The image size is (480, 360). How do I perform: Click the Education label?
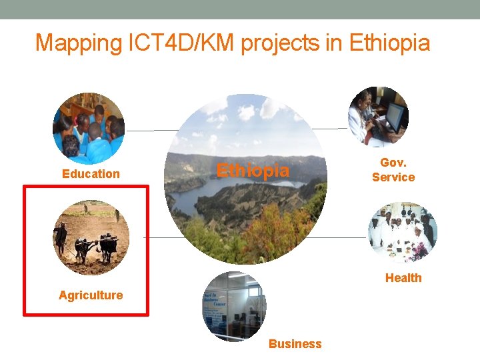coord(91,174)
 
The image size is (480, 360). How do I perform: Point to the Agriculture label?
coord(91,295)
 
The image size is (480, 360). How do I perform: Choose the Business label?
coord(295,344)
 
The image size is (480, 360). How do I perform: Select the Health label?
coord(403,278)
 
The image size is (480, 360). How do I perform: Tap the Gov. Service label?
coord(393,170)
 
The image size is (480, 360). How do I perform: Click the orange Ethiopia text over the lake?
coord(253,171)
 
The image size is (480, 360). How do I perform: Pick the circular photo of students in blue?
coord(89,129)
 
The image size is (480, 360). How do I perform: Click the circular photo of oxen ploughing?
coord(91,237)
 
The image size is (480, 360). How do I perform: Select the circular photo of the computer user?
coord(378,116)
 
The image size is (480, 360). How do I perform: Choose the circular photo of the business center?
coord(234,306)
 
